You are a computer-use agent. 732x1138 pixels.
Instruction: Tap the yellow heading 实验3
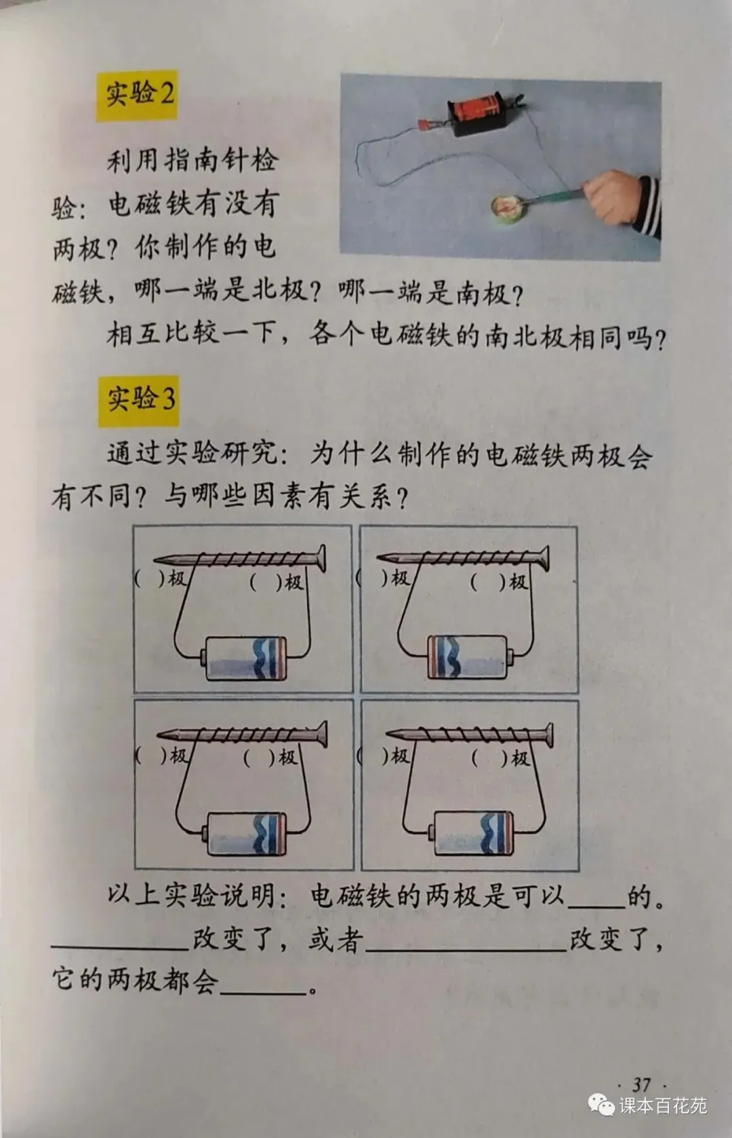(138, 400)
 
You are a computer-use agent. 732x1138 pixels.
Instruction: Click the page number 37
(641, 1084)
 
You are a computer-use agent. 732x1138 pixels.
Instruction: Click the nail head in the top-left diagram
(321, 559)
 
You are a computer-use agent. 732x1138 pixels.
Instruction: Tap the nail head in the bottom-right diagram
(548, 736)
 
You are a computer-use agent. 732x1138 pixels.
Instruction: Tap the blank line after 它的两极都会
(263, 992)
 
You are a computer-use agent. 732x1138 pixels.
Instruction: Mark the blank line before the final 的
(596, 907)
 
